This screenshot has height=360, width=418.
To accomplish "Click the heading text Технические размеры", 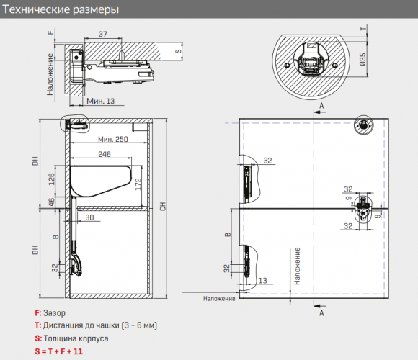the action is tap(61, 9).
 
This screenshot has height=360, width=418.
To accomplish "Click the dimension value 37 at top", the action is tap(103, 34).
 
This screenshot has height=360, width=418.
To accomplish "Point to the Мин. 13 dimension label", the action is tap(100, 101).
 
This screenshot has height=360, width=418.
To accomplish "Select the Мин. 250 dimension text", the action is tap(113, 139).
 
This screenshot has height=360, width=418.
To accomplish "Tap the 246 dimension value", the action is tap(104, 154).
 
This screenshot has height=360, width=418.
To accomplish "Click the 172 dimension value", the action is tap(138, 184).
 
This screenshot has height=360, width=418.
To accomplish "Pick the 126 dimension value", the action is tap(52, 179).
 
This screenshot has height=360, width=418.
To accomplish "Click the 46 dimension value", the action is tap(52, 202).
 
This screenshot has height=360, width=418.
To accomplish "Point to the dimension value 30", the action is tap(89, 217).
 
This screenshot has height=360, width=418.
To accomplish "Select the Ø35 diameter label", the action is tap(363, 59).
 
